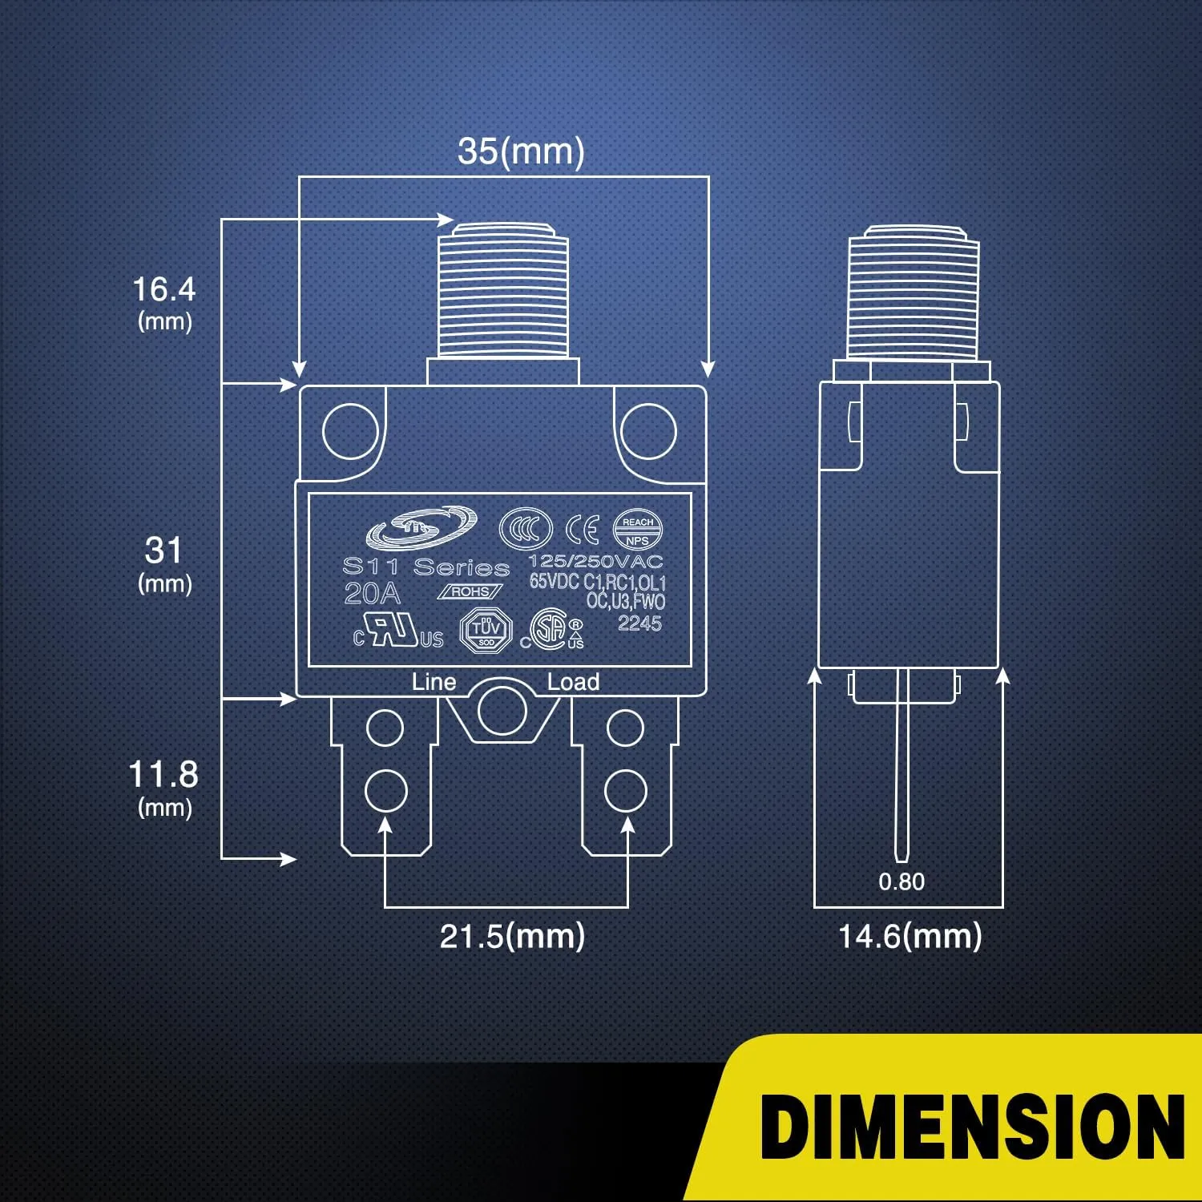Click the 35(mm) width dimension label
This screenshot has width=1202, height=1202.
coord(521,151)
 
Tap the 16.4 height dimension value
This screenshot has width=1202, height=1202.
coord(164,289)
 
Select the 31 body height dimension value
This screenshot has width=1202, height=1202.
coord(164,551)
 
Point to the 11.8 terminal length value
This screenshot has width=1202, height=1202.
coord(163,774)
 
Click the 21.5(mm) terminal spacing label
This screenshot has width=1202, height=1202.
coord(512,936)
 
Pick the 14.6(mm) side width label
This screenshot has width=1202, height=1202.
coord(910,936)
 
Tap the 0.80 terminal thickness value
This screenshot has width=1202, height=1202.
coord(901,881)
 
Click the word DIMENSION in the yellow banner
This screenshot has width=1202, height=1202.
coord(972,1126)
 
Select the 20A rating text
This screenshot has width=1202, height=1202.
coord(372,594)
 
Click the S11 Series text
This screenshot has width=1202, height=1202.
coord(426,567)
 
